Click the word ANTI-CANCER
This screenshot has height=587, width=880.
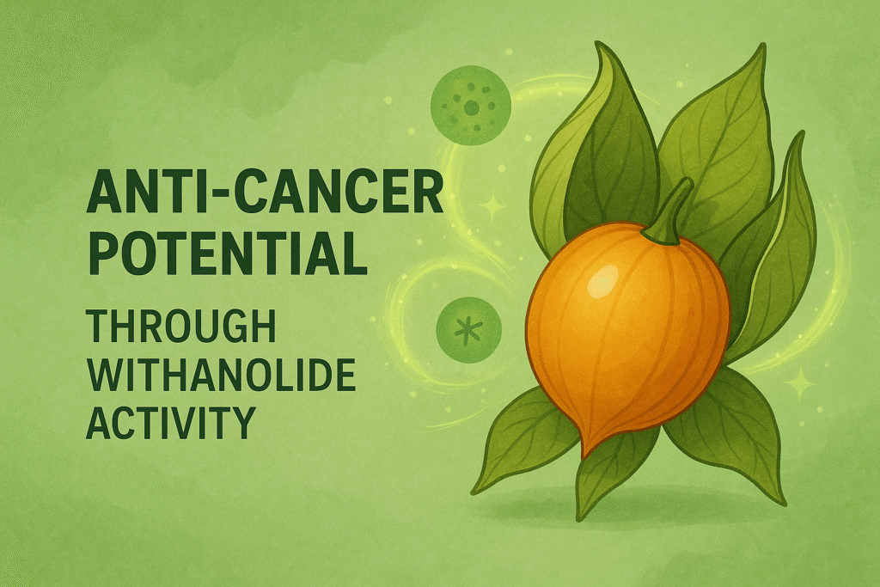pos(265,193)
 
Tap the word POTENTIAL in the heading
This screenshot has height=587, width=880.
pos(227,254)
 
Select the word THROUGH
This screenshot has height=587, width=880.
pos(180,326)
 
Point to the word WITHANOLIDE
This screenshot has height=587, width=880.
pos(221,375)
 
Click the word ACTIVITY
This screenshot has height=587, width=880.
pos(171,423)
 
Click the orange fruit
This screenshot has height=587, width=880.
pos(627,331)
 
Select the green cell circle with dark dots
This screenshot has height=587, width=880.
pos(471,105)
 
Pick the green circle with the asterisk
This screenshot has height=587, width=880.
pos(468,330)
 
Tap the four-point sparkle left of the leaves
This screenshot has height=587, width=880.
pos(492,206)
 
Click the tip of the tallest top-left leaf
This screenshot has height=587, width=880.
pos(598,42)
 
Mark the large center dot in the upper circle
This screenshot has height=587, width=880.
pos(472,107)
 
